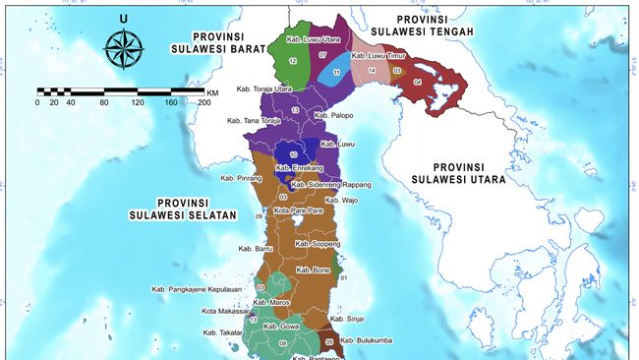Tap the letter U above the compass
[123, 19]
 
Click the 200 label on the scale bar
[203, 102]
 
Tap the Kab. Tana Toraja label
[254, 121]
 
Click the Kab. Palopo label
[332, 116]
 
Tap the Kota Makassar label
[222, 312]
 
